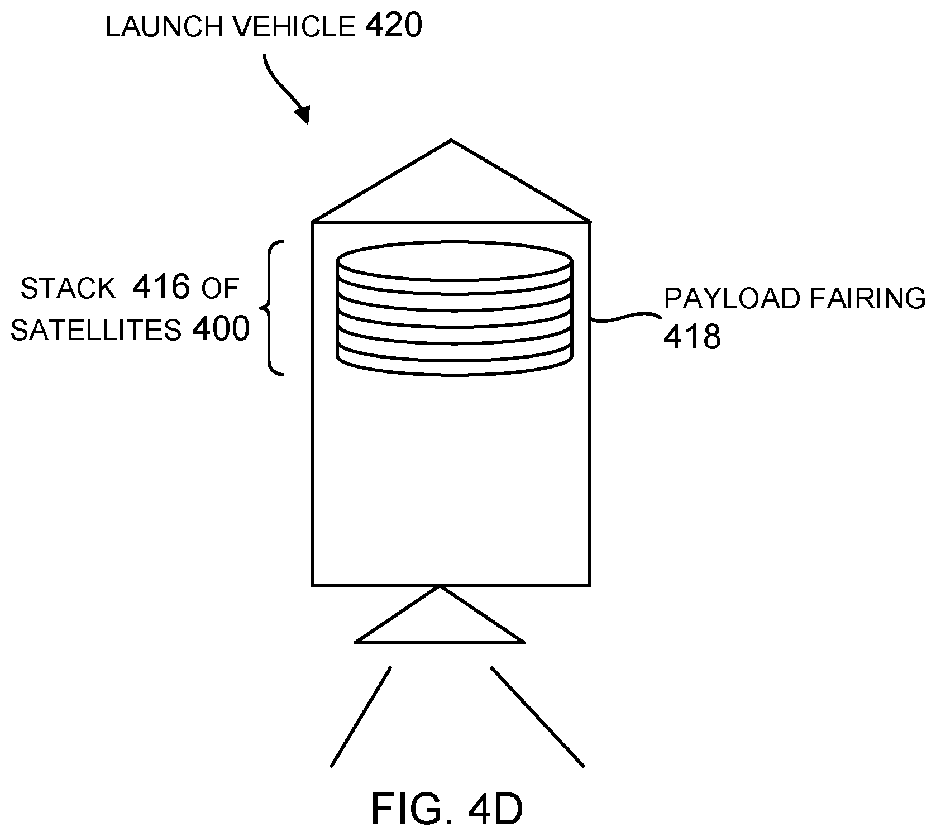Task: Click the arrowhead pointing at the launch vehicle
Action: pos(303,114)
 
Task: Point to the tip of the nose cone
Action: pos(451,141)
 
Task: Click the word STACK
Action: pos(68,289)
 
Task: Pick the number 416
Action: pos(161,287)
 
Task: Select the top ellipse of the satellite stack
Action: pos(454,260)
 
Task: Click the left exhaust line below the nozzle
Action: pos(361,717)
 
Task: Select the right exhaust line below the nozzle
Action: pos(537,717)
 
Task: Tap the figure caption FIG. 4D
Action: pos(447,809)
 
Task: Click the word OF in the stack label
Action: pos(220,289)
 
